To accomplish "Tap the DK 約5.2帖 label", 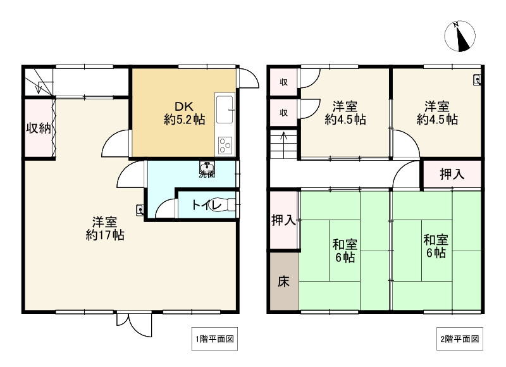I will point(183,113).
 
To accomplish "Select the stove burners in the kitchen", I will point(225,146).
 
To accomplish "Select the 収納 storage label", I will point(37,128).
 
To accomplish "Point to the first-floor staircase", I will point(38,80).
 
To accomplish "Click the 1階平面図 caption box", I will point(215,339).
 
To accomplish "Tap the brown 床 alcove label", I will point(283,280).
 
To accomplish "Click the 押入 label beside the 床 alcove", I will point(283,220).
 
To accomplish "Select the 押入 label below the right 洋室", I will point(452,175).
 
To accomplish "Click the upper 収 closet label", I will point(285,82).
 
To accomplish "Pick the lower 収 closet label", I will point(285,113).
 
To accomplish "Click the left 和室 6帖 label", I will point(345,250).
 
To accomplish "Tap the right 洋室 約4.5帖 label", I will point(436,113).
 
